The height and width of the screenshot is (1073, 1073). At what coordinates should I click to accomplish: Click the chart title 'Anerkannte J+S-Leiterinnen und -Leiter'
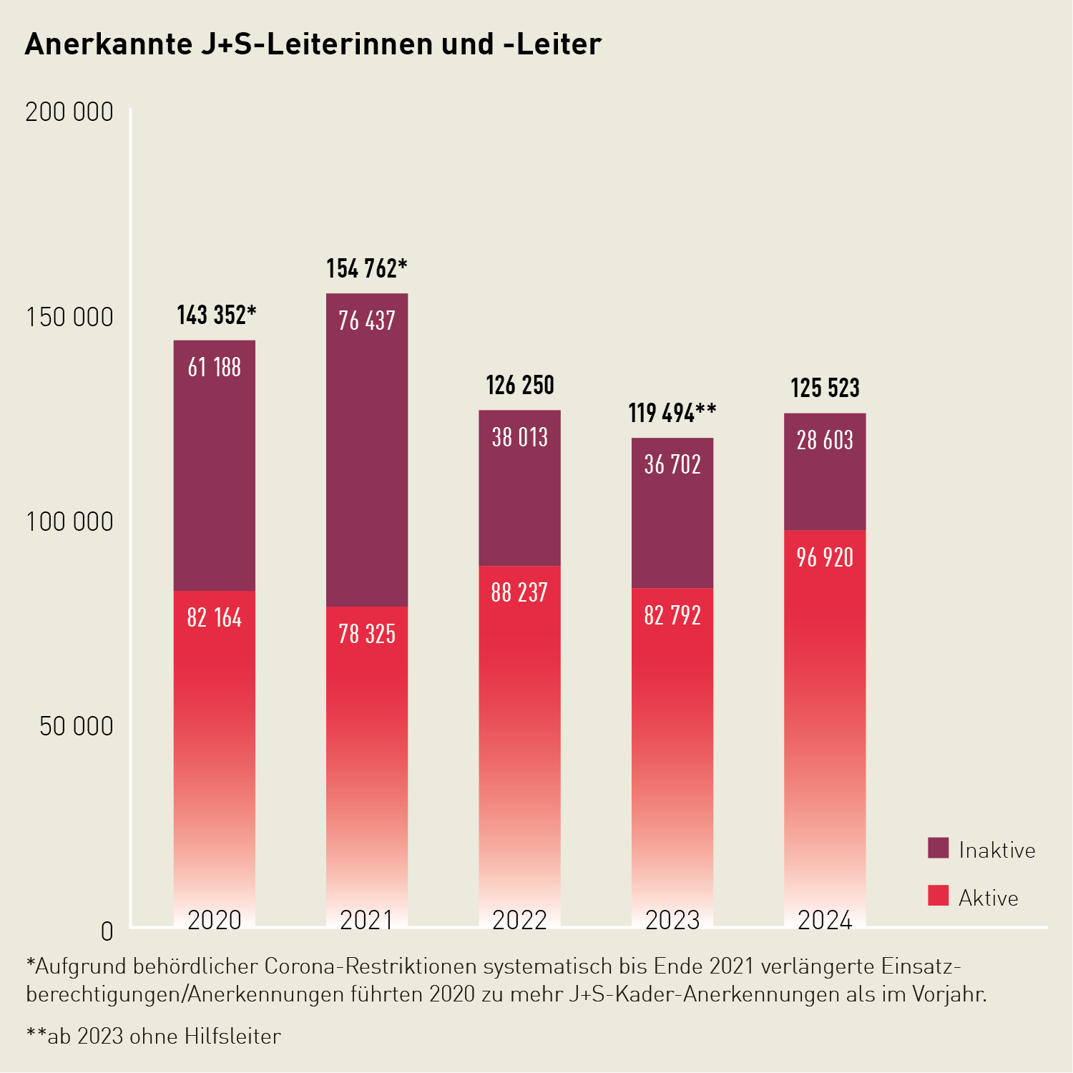313,44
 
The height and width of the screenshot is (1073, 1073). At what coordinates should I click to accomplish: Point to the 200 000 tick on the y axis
69,112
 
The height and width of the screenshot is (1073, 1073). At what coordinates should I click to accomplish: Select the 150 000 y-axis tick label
69,317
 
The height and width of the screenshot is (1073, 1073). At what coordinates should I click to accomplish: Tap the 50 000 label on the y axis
76,726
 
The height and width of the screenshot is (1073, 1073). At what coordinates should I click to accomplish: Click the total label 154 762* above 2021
366,269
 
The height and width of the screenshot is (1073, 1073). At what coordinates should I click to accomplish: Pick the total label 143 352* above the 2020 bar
216,315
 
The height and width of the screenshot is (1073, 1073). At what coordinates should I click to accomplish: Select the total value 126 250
520,386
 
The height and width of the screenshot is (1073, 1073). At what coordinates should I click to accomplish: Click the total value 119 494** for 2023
672,413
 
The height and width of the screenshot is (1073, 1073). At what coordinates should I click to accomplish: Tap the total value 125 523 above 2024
825,388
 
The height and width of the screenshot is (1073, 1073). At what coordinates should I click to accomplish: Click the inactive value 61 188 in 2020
215,368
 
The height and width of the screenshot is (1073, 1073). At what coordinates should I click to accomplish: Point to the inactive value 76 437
367,321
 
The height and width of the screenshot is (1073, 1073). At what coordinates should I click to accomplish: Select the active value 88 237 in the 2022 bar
519,593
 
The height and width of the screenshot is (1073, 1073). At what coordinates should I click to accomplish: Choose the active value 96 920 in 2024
825,558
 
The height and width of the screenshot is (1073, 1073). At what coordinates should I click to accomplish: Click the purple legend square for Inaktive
938,848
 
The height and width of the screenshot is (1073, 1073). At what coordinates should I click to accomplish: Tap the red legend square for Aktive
938,896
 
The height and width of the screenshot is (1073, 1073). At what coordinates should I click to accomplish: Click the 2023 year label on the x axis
672,920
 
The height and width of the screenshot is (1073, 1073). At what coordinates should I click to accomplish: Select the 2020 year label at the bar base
215,920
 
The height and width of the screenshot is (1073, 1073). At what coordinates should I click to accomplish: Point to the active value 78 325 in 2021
367,635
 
